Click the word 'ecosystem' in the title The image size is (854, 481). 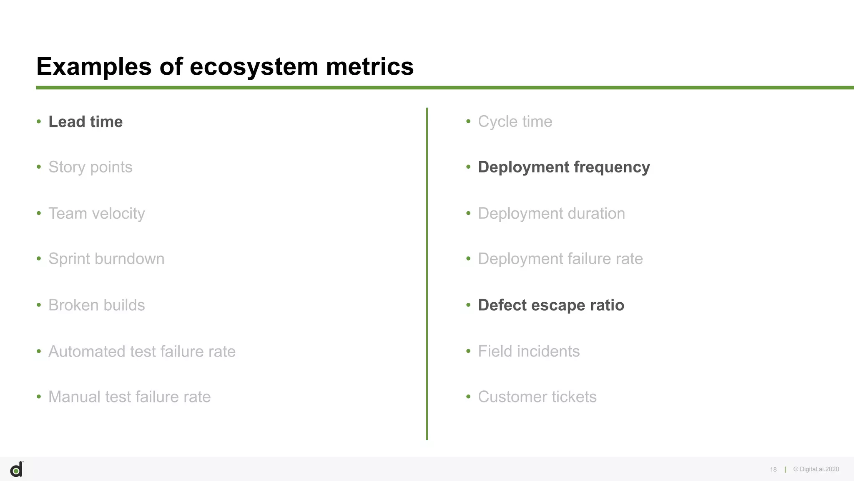254,67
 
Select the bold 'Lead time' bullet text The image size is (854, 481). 85,122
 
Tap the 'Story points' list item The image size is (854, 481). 90,167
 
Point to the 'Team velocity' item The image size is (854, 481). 96,213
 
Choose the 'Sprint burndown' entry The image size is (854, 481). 106,259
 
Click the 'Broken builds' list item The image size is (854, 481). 96,305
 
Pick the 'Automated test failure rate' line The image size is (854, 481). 142,352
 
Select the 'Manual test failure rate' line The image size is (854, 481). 129,397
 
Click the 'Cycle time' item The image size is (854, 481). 515,122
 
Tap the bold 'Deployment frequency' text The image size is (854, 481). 564,167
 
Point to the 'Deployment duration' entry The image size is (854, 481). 551,213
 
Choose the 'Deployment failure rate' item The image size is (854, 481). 560,259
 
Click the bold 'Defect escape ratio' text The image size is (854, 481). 551,305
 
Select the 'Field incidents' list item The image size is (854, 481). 528,352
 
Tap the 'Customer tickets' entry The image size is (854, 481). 537,397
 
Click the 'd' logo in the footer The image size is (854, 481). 16,470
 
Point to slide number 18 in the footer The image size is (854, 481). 773,470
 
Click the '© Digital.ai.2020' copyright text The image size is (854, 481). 816,469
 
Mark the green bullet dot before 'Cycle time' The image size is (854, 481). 468,122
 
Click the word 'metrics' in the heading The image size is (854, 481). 369,67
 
